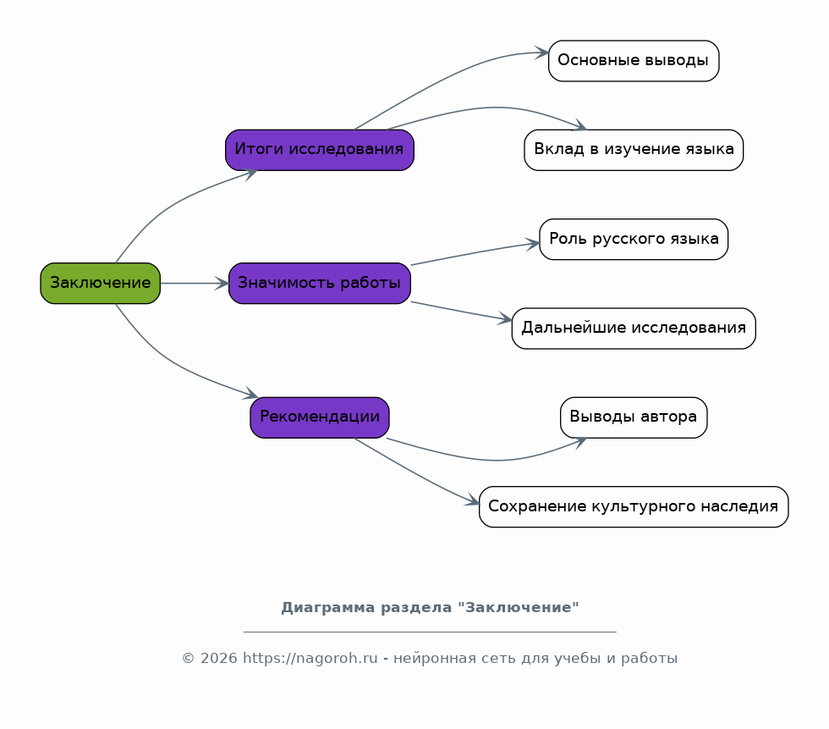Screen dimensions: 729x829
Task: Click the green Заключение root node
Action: tap(100, 283)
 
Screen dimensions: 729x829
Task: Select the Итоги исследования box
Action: tap(319, 150)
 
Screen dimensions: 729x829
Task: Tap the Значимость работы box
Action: tap(319, 283)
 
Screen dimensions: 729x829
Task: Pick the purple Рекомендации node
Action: tap(319, 417)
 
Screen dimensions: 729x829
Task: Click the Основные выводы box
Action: tap(633, 61)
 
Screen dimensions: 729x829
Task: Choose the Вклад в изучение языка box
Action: tap(633, 150)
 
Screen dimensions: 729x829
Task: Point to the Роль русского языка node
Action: tap(633, 239)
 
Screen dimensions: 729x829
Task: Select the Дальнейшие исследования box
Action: tap(633, 328)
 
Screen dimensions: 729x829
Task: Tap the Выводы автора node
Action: tap(633, 417)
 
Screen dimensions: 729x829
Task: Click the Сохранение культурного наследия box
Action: tap(633, 506)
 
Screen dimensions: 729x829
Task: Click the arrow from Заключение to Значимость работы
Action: tap(194, 283)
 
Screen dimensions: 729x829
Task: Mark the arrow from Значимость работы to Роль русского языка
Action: tap(474, 253)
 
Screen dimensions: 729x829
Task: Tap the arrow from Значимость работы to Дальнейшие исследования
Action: tap(461, 312)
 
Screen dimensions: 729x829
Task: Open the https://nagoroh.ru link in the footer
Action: tap(310, 659)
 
